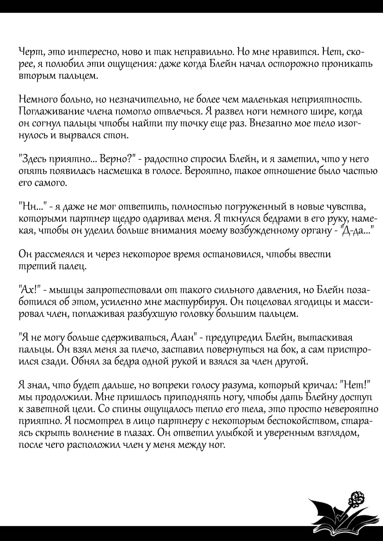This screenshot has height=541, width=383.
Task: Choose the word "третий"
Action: click(x=36, y=266)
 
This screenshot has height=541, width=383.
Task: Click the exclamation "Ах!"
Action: click(x=30, y=290)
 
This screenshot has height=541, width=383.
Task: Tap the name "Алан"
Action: click(x=182, y=337)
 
